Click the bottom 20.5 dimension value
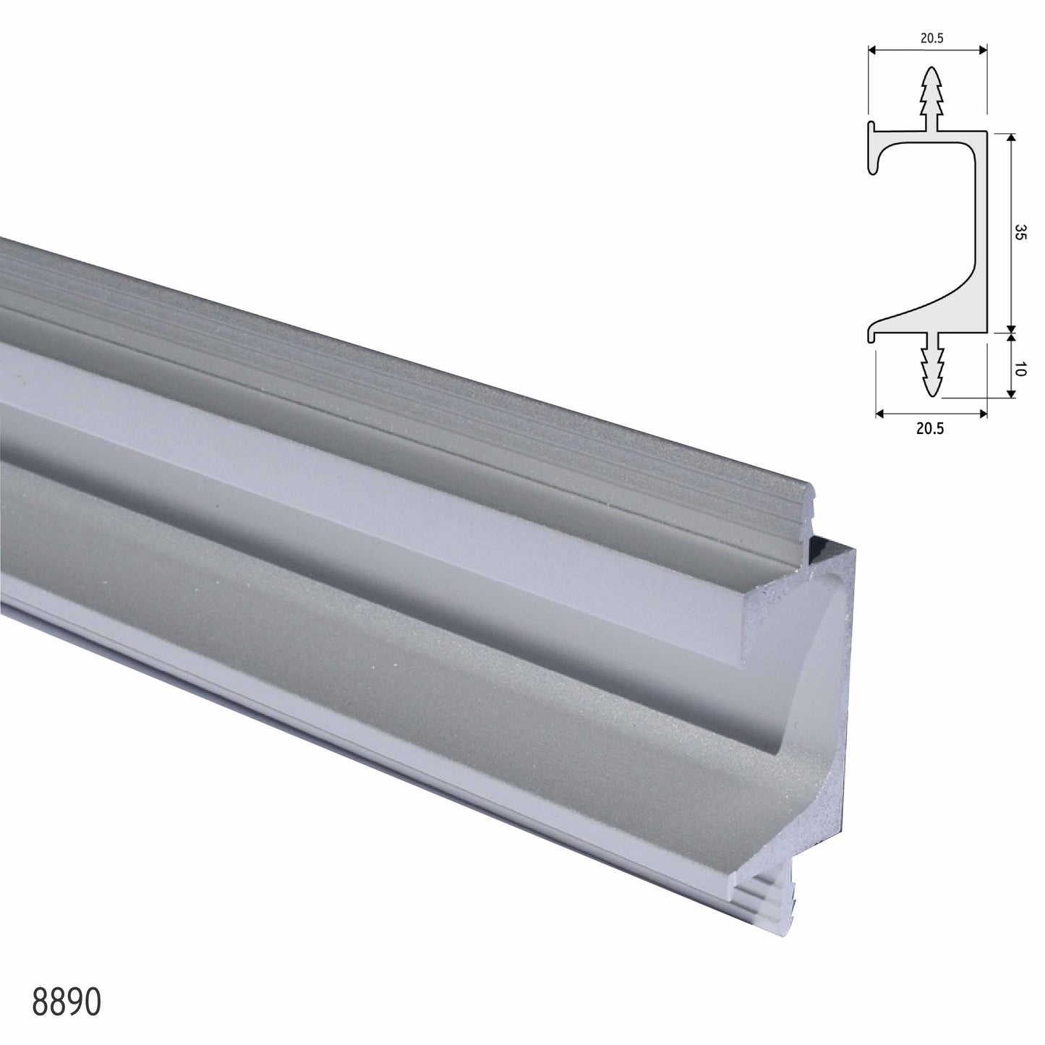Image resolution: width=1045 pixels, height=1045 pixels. pos(930,428)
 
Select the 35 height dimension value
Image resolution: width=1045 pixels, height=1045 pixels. pos(1020,232)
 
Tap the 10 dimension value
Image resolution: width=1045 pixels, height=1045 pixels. pos(1020,370)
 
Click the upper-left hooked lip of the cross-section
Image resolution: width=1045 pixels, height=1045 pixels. pos(874,148)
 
